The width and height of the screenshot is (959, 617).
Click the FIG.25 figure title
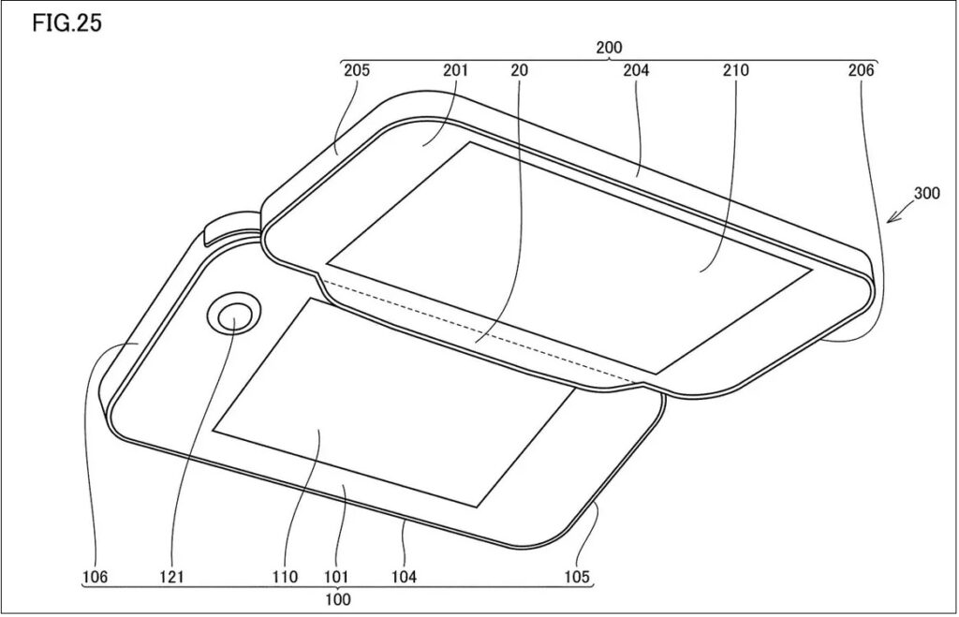point(66,23)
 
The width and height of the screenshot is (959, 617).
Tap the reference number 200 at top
point(608,47)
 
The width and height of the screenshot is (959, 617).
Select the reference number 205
point(356,70)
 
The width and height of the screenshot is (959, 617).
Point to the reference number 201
point(456,70)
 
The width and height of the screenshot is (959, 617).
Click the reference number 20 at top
point(520,70)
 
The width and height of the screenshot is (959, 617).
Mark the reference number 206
point(862,70)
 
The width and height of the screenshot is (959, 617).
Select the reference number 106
point(96,578)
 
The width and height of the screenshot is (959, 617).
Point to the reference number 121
point(173,578)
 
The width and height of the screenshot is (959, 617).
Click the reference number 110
point(285,578)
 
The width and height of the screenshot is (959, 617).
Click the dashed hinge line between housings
point(478,332)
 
